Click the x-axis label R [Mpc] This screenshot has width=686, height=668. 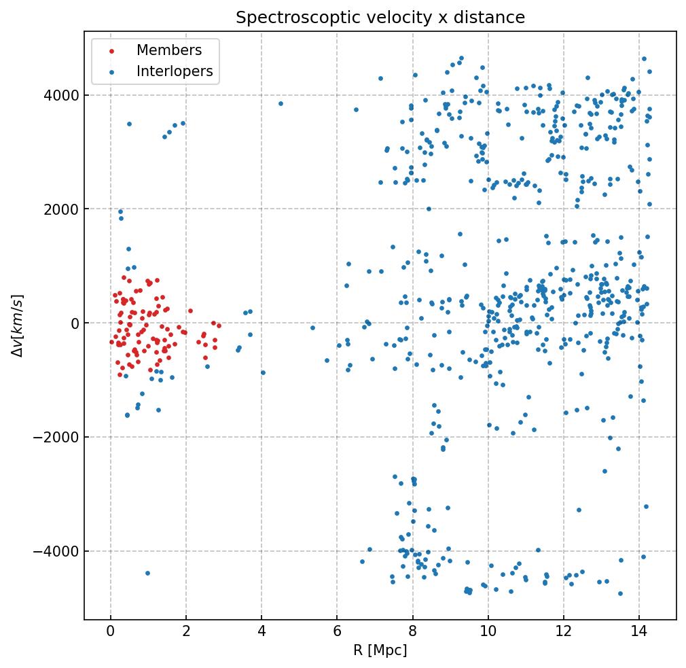pos(380,650)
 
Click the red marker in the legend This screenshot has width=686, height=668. pos(111,51)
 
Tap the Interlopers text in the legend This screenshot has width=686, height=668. pos(175,71)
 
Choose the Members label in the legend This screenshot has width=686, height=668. pos(169,50)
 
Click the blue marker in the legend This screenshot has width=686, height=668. pos(111,71)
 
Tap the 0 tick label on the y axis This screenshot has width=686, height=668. pos(75,323)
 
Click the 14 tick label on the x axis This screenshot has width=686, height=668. pos(638,631)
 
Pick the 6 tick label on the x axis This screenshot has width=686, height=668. pos(337,631)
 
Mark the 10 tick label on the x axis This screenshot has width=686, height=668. pos(488,631)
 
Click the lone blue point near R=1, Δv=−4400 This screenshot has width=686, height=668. pos(147,573)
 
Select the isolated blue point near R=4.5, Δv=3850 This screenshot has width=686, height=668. pos(281,103)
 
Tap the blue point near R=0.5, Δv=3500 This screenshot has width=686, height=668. pos(129,124)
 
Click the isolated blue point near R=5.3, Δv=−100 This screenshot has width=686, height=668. pos(312,328)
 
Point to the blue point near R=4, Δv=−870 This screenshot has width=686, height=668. pos(263,372)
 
